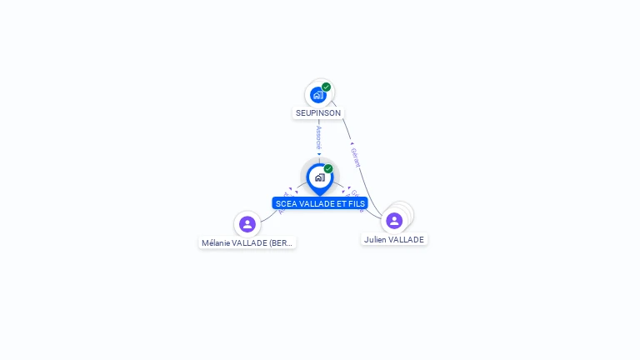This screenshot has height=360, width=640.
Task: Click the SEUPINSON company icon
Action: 317,95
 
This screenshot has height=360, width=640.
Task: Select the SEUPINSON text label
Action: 318,112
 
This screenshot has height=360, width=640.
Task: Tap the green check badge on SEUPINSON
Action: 327,87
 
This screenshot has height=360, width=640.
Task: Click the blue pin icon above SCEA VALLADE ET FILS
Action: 319,177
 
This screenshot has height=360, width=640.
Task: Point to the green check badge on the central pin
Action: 328,168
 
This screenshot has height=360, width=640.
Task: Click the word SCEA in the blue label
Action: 286,203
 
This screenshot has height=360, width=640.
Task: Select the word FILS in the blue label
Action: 356,203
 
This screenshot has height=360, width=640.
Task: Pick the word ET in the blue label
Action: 340,203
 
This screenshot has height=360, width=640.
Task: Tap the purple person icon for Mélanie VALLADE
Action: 247,223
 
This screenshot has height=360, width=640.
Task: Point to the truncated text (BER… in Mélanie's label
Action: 282,243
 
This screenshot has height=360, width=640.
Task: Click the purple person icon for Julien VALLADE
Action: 394,220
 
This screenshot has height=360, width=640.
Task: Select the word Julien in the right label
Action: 375,239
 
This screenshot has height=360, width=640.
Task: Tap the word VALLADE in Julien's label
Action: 407,239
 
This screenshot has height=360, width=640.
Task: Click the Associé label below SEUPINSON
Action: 319,137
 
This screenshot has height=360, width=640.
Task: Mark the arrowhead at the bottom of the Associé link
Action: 319,154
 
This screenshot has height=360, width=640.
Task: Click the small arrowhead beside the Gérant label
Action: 352,143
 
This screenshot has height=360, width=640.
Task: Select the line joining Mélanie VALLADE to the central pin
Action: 268,215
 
